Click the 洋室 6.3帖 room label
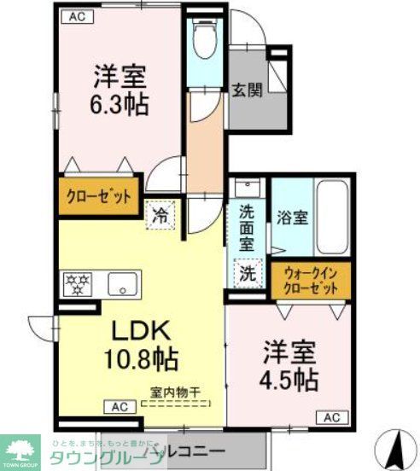tap(120, 89)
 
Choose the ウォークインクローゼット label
tap(310, 281)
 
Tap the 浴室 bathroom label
tap(291, 218)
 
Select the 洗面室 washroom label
tap(247, 229)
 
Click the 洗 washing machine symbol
tap(247, 275)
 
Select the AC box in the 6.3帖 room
tap(77, 15)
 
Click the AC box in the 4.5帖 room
tap(332, 417)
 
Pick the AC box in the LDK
tap(120, 407)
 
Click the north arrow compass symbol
tap(398, 445)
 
